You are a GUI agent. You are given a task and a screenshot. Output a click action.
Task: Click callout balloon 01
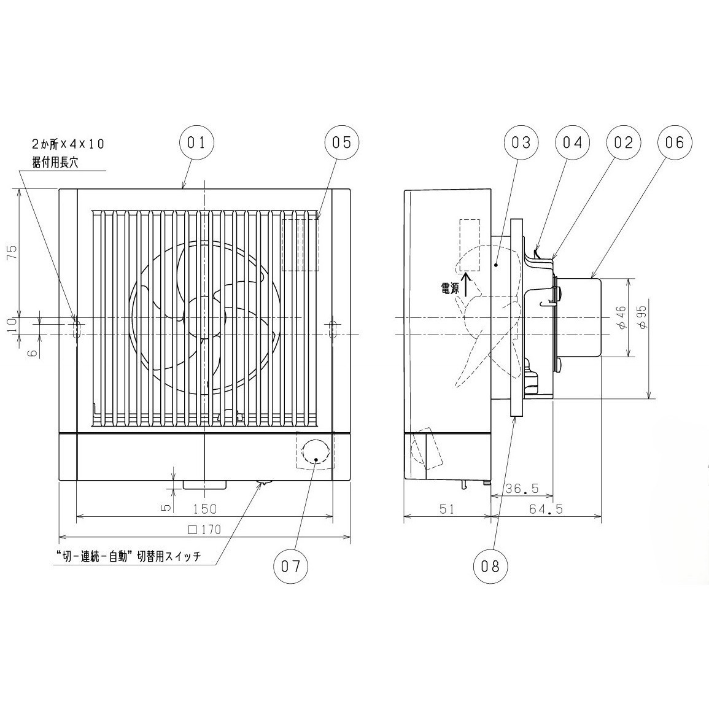click(x=196, y=142)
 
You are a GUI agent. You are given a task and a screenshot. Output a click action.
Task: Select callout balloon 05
click(x=341, y=142)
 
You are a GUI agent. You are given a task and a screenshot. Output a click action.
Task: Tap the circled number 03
click(x=521, y=142)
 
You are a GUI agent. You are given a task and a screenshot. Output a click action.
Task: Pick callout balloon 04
click(x=573, y=142)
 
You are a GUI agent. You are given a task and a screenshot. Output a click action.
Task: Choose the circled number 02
click(x=624, y=142)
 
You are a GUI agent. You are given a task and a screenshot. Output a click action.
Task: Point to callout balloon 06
click(x=675, y=142)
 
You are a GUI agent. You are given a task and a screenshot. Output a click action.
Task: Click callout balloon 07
click(x=290, y=566)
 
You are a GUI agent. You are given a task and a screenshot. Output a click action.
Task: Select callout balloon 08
click(x=490, y=566)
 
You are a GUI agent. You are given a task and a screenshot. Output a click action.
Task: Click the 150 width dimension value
click(x=205, y=509)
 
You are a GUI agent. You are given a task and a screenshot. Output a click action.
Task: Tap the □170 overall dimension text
click(x=205, y=529)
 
